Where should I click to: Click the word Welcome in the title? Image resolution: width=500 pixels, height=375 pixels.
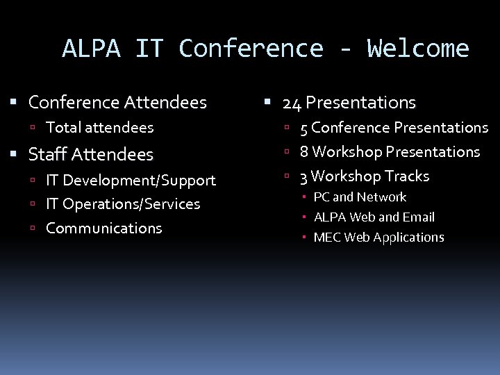418,49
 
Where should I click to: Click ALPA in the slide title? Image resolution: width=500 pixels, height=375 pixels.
91,49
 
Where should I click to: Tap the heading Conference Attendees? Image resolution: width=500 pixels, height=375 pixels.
117,103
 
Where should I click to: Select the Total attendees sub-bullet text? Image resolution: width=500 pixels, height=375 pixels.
99,128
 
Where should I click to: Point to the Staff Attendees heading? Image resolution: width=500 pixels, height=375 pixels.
90,154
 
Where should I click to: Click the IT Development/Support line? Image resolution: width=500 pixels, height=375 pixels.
131,181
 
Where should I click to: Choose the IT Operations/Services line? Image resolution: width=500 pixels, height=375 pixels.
123,204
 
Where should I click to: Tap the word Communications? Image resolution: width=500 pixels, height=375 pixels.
103,228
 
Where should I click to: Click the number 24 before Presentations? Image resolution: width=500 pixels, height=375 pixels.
292,103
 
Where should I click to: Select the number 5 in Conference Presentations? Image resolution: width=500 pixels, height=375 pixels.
303,128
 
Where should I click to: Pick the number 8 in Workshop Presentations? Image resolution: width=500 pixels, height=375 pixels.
303,152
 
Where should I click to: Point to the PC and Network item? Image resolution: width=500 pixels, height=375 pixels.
360,197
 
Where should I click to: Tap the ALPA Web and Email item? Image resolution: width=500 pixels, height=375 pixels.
374,217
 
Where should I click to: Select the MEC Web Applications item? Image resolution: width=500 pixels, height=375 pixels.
378,237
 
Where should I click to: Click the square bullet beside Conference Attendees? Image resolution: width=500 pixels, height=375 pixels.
13,103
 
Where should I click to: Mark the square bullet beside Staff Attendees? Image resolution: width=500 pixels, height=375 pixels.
13,154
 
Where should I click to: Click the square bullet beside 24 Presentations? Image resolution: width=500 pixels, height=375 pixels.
267,103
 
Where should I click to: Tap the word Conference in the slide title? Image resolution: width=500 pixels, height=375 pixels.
251,49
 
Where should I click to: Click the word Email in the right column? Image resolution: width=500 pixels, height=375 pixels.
418,217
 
